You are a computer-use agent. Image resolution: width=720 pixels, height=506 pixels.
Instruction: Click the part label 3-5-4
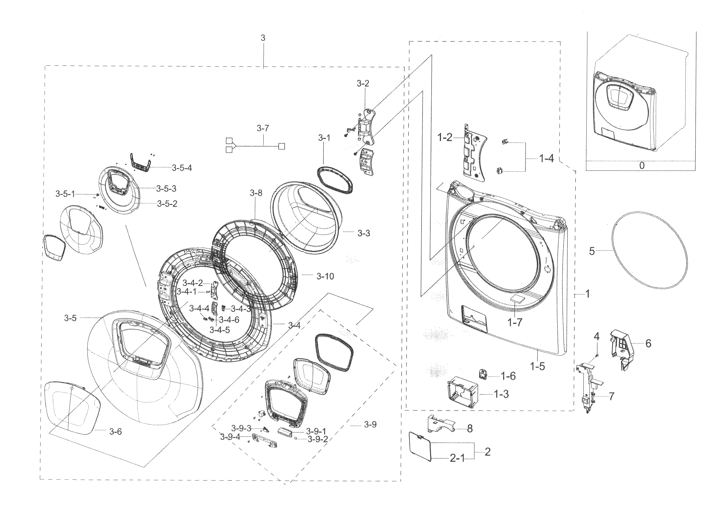pos(182,168)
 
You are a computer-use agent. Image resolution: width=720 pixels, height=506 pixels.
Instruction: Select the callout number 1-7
pos(515,322)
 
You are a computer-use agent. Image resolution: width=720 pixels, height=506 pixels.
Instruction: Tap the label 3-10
pos(325,276)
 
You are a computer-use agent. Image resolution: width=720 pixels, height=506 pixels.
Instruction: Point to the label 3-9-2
pos(318,439)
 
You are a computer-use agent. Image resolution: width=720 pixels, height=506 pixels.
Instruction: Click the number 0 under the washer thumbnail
pos(642,165)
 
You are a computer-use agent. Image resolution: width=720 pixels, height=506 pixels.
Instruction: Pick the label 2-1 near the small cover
pos(458,458)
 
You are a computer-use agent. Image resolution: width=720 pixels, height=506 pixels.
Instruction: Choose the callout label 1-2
pos(445,137)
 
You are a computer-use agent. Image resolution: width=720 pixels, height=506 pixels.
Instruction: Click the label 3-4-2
pos(193,283)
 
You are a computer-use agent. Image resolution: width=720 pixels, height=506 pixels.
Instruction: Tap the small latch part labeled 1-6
pos(483,374)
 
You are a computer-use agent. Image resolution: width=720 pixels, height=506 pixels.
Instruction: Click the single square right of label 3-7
pos(282,146)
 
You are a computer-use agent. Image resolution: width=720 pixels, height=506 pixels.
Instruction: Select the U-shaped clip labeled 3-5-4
pos(140,163)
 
